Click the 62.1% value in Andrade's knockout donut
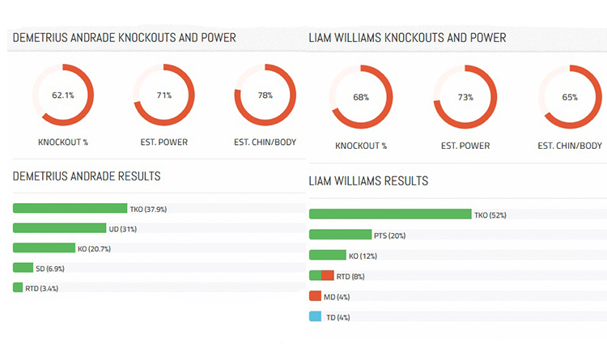[63, 95]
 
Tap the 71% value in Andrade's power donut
[163, 95]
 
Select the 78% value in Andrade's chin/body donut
[265, 95]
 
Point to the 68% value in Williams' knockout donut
[361, 98]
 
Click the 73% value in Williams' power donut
[465, 98]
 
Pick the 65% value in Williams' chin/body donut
[570, 98]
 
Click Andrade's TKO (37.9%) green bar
[70, 208]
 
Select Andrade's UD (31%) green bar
[59, 228]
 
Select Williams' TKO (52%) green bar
[390, 214]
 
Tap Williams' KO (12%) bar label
[363, 256]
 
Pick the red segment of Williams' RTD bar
[328, 276]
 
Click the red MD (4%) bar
[316, 296]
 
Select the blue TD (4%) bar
[316, 316]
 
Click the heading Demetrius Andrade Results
[87, 176]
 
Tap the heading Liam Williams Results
[368, 181]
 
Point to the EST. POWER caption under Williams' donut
[465, 146]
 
